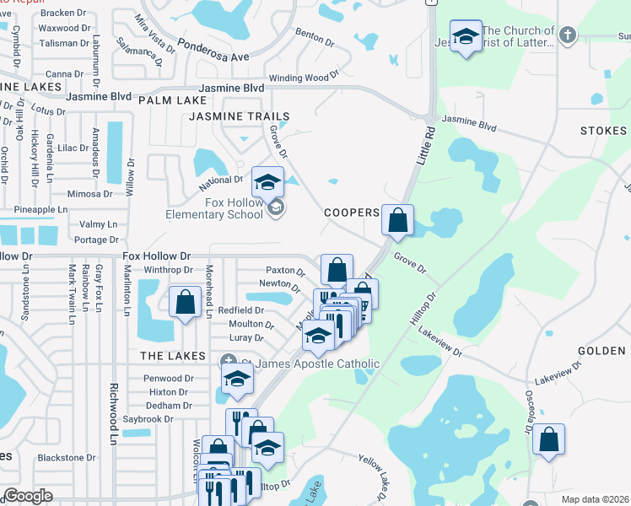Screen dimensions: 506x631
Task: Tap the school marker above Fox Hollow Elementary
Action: [x=267, y=181]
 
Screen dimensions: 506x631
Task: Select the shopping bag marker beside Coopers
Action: [x=398, y=220]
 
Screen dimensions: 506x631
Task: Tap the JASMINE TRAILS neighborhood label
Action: [x=240, y=116]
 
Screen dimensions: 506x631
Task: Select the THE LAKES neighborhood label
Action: [x=168, y=356]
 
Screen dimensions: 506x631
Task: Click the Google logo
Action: [x=28, y=496]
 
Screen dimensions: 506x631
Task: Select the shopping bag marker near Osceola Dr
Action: [x=548, y=439]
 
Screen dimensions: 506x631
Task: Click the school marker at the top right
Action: [x=465, y=36]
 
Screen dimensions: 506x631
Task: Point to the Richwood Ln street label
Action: [x=111, y=414]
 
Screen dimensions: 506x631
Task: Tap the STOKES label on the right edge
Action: [x=603, y=132]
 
